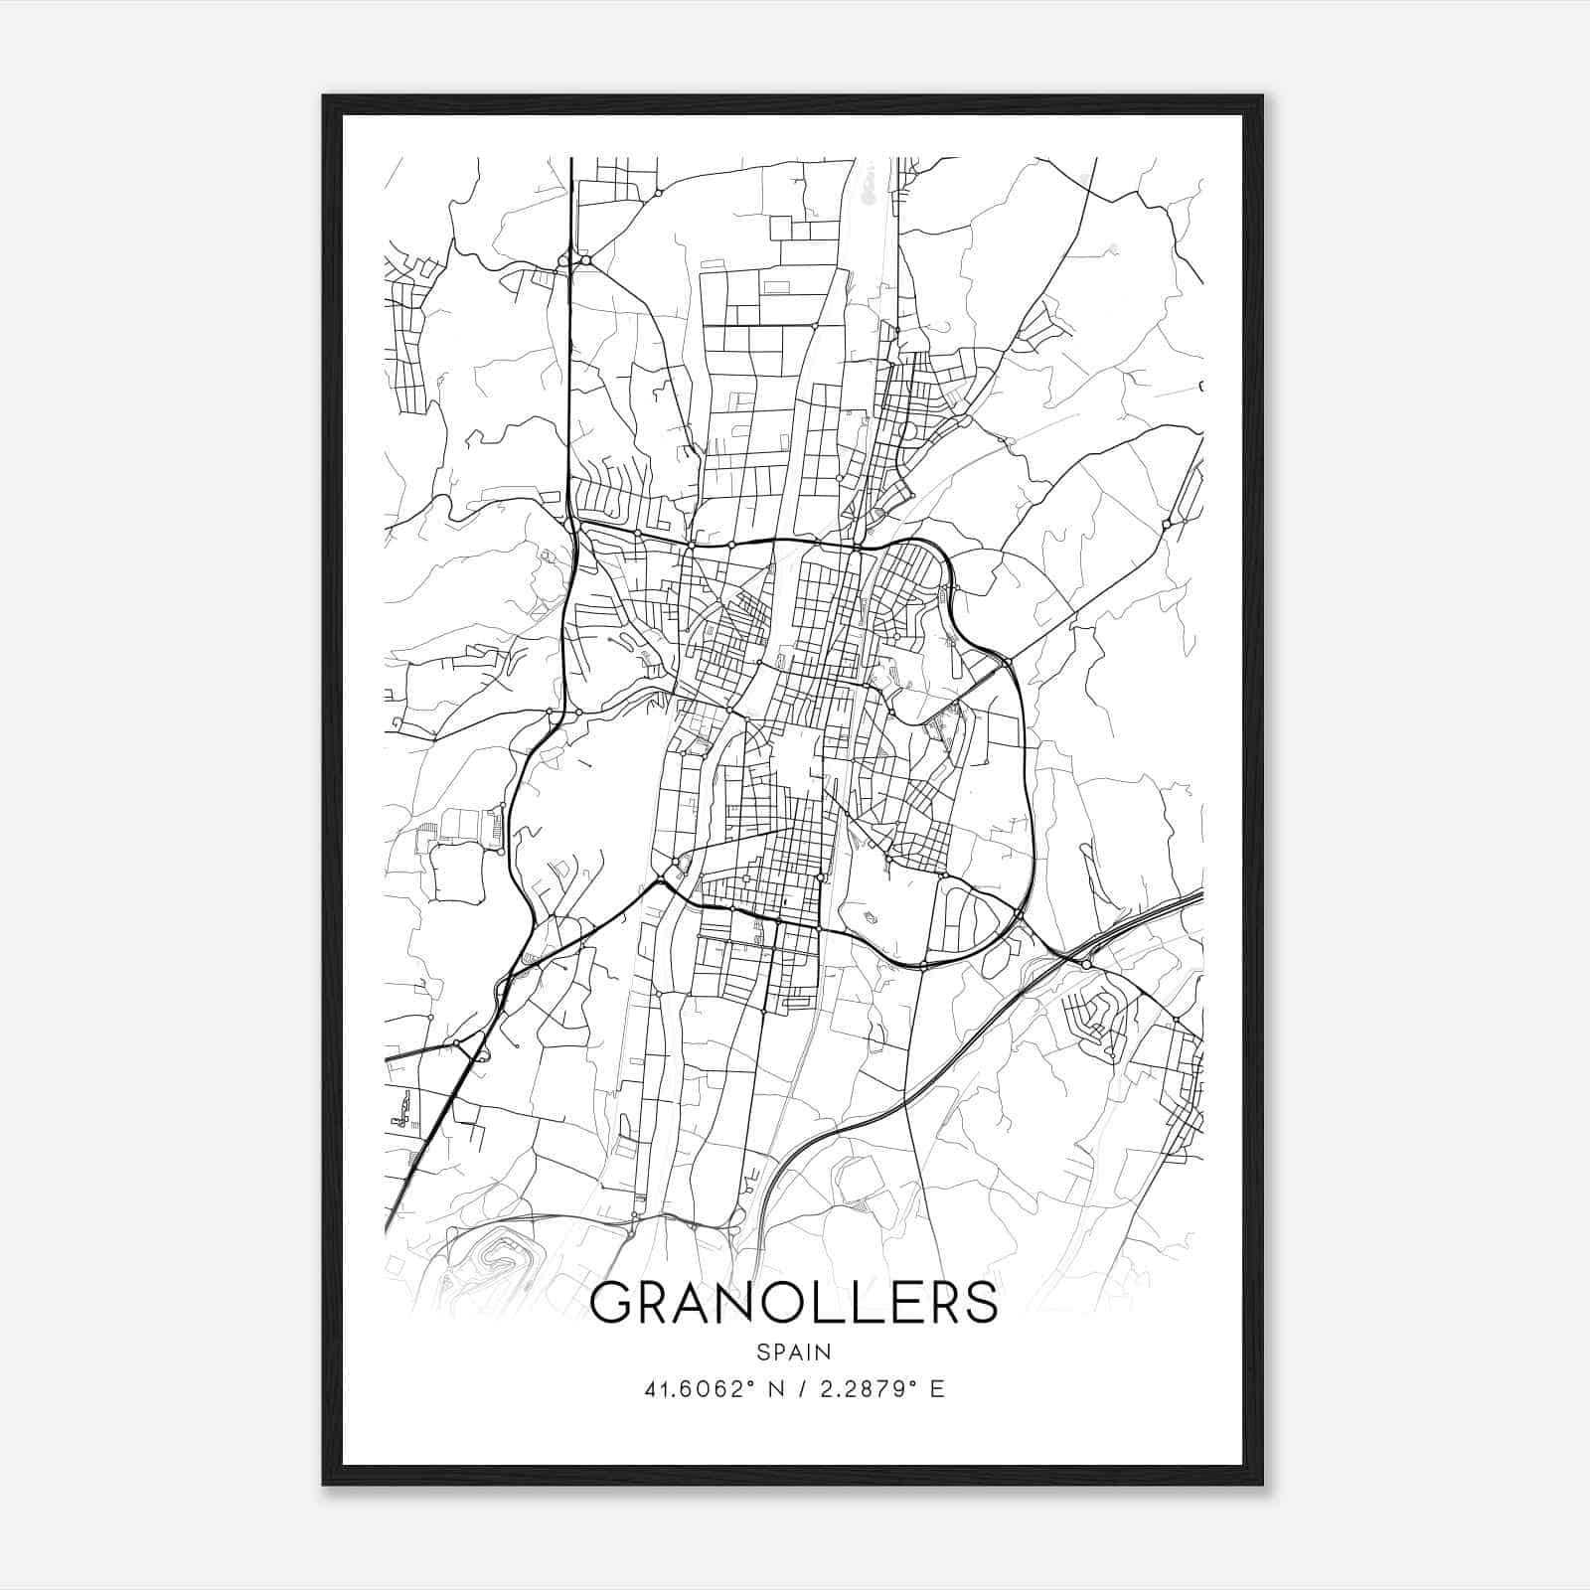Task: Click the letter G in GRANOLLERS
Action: coord(613,1303)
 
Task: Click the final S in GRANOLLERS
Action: coord(979,1303)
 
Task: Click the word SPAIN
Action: coord(793,1352)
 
